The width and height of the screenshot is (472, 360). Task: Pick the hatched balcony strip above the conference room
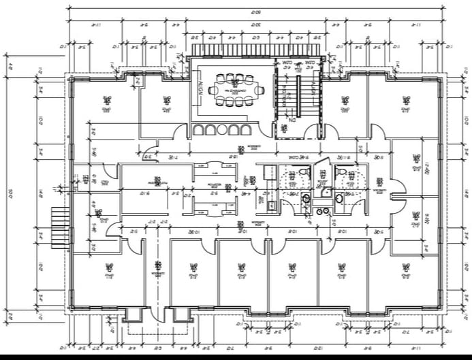point(255,51)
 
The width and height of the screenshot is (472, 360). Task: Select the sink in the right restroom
point(339,198)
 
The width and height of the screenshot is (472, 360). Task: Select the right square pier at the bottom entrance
point(182,314)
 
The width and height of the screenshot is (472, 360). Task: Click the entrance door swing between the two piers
point(156,310)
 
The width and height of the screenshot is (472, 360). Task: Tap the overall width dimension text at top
point(257,10)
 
